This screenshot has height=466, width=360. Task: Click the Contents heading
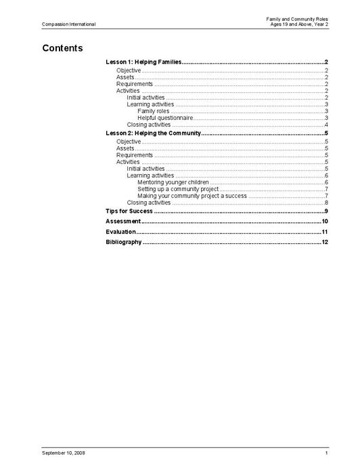(x=62, y=49)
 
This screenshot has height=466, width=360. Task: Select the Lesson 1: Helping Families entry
(x=143, y=62)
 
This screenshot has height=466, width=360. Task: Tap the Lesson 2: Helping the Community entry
(x=154, y=133)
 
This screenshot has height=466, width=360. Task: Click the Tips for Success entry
(x=129, y=211)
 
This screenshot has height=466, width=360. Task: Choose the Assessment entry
(x=123, y=221)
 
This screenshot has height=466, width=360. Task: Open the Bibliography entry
(x=124, y=242)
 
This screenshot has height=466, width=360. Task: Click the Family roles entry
(x=153, y=111)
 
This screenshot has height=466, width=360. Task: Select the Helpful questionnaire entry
(x=165, y=118)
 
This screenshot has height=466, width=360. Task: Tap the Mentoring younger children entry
(x=173, y=182)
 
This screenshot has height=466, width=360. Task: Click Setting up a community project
(x=178, y=189)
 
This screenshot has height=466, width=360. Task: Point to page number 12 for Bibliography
(x=325, y=242)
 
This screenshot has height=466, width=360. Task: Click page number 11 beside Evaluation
(x=325, y=232)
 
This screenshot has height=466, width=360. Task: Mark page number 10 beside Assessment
(x=325, y=221)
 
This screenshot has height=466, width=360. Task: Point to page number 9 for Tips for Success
(x=326, y=211)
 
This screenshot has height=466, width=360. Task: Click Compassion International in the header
(x=68, y=24)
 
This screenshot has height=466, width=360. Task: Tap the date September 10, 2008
(x=63, y=452)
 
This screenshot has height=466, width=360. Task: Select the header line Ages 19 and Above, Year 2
(x=298, y=24)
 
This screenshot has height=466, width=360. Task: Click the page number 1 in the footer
(x=326, y=452)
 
